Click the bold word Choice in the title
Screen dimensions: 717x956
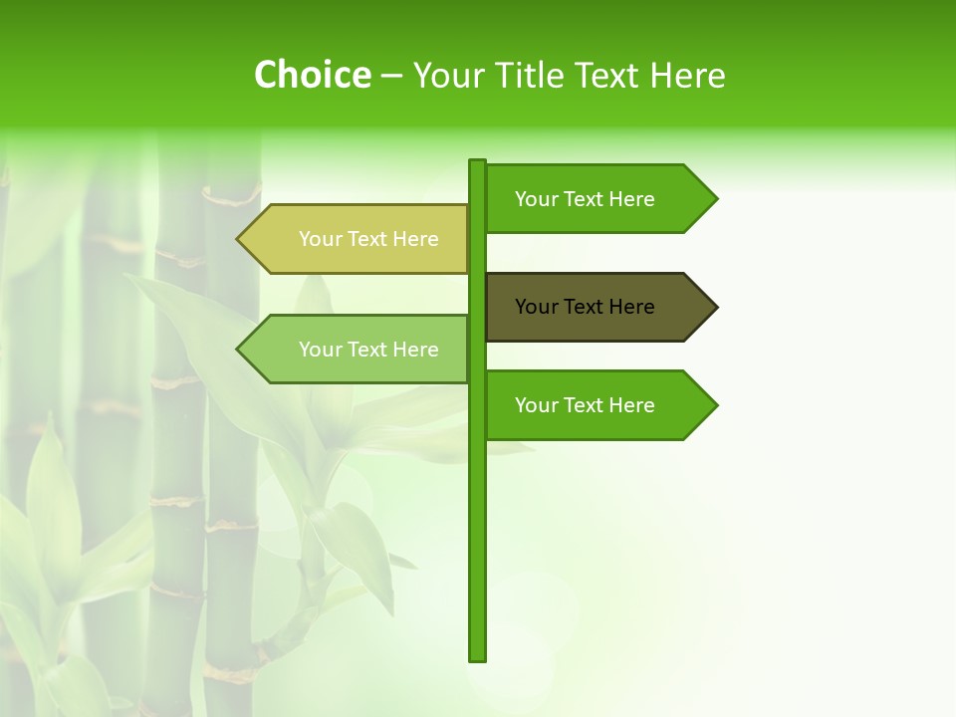[313, 75]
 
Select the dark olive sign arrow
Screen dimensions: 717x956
[597, 307]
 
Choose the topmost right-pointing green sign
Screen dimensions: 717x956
[597, 199]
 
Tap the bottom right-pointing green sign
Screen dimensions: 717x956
[597, 405]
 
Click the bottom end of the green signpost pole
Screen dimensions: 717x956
[477, 656]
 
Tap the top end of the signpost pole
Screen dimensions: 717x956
[477, 163]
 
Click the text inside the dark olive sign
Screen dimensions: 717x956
[585, 307]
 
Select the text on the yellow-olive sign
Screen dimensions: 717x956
[368, 239]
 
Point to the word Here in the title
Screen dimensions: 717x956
[687, 76]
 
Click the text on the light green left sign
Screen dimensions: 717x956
[368, 350]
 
